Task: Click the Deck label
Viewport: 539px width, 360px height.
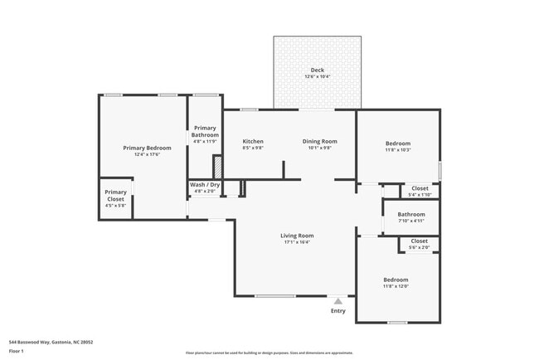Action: (x=317, y=70)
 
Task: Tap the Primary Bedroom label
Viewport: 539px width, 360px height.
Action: (x=141, y=148)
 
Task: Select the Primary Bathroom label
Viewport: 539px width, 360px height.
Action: (x=205, y=131)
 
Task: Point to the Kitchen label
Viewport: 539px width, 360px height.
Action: (x=253, y=142)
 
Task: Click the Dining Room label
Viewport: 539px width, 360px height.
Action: (x=319, y=142)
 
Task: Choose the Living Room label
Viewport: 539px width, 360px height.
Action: (x=296, y=236)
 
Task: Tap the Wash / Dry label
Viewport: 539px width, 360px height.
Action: (x=205, y=185)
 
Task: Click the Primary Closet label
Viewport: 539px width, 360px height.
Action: (x=115, y=196)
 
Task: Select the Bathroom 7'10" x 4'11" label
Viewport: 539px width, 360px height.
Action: (x=411, y=214)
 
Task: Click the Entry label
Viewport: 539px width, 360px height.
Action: (x=337, y=311)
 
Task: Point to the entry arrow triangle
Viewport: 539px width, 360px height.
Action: (x=337, y=302)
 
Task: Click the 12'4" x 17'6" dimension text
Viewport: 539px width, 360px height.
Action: (x=141, y=154)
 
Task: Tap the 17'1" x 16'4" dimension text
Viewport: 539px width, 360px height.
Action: (x=296, y=242)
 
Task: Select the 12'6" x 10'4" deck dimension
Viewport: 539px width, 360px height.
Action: (x=317, y=76)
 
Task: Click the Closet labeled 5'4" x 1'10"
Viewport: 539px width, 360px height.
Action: (x=420, y=188)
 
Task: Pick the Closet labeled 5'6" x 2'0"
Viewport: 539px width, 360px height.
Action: (x=420, y=241)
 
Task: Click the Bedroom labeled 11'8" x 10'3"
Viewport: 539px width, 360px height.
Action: (x=397, y=144)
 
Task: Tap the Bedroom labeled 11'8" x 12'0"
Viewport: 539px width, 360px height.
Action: (x=396, y=280)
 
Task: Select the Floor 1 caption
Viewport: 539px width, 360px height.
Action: (x=17, y=351)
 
